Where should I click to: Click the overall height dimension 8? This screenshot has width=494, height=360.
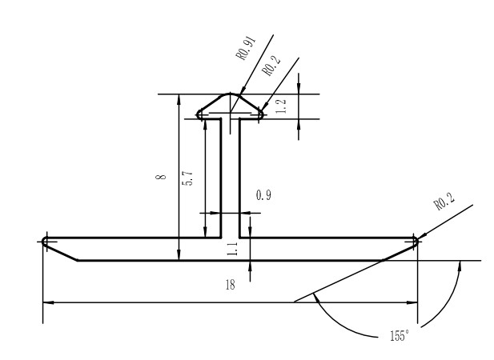[163, 176]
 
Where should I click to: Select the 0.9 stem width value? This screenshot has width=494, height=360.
[263, 196]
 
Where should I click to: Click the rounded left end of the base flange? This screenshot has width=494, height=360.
[46, 240]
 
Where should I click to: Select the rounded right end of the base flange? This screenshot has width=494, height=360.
[415, 240]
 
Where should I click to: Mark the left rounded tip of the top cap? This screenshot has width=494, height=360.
[200, 114]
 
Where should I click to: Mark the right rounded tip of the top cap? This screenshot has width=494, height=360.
[261, 114]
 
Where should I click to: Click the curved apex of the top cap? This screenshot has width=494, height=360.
[231, 94]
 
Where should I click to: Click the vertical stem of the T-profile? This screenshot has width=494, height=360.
[231, 176]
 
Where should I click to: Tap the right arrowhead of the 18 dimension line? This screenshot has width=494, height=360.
[414, 302]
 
